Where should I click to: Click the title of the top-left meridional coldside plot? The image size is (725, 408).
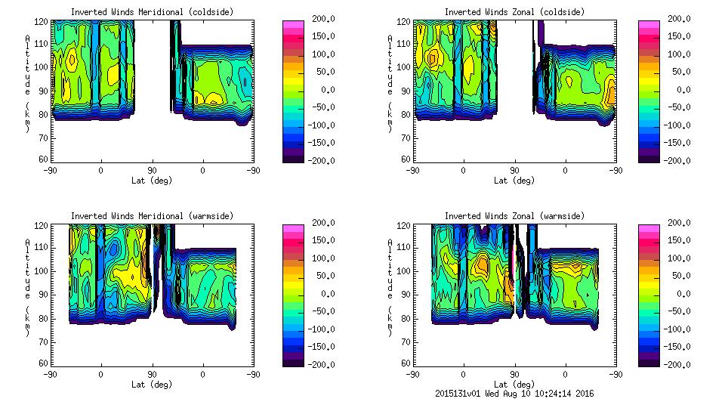[152, 12]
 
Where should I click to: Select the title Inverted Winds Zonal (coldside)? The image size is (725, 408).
[514, 12]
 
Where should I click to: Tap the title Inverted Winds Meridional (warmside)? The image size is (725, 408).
[152, 216]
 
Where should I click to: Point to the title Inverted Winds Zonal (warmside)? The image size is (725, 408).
[514, 216]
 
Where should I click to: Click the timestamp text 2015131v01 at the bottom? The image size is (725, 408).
[460, 393]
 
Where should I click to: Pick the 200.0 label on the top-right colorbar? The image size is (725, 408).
[679, 19]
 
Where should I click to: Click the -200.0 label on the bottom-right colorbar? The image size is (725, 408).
[679, 365]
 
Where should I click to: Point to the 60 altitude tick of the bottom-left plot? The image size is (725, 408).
[45, 363]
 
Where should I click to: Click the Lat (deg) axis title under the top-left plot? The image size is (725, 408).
[152, 181]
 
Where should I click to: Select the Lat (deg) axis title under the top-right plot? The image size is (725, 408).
[514, 181]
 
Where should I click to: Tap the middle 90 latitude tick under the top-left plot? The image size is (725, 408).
[152, 170]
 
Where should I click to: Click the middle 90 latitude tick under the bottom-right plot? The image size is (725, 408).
[514, 374]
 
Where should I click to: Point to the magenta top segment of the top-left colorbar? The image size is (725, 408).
[292, 25]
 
